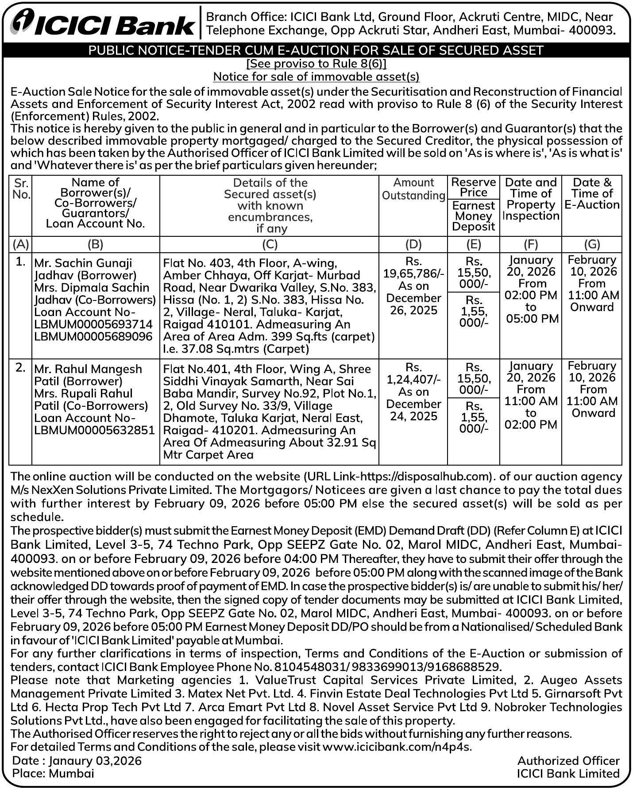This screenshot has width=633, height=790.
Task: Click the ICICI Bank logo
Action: pos(103,23)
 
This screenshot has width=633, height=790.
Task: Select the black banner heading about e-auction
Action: pos(316,50)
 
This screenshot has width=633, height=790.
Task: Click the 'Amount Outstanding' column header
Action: pos(413,189)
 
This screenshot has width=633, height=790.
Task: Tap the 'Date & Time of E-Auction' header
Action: pos(592,193)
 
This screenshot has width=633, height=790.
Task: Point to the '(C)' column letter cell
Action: pos(270,244)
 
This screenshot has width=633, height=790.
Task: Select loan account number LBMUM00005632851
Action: pos(95,430)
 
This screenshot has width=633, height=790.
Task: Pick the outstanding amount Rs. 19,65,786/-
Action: pos(413,273)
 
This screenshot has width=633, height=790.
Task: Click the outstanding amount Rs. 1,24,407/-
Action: pos(413,379)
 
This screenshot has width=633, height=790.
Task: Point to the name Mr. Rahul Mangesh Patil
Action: pos(88,375)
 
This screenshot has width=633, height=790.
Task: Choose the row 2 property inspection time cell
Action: pos(531,395)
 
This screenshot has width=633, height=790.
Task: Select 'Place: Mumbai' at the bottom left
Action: pos(53,773)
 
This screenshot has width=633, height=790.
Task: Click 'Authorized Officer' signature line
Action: pos(568,760)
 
